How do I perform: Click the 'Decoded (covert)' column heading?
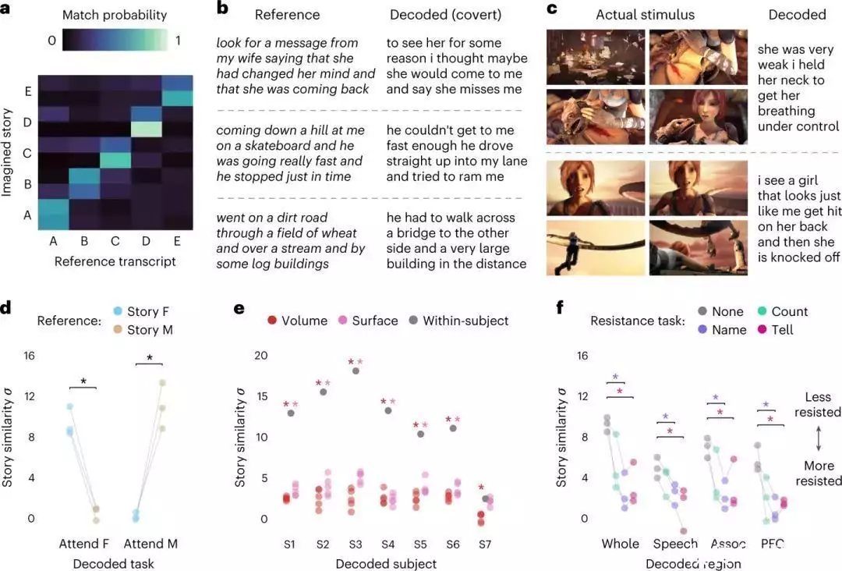[446, 15]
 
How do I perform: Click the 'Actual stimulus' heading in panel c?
[646, 15]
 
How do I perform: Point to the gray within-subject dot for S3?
[356, 371]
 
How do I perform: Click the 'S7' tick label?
[485, 544]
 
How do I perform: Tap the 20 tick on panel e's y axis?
[261, 355]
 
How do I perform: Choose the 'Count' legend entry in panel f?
[788, 311]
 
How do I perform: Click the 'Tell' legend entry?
[782, 329]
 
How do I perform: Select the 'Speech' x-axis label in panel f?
[676, 544]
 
